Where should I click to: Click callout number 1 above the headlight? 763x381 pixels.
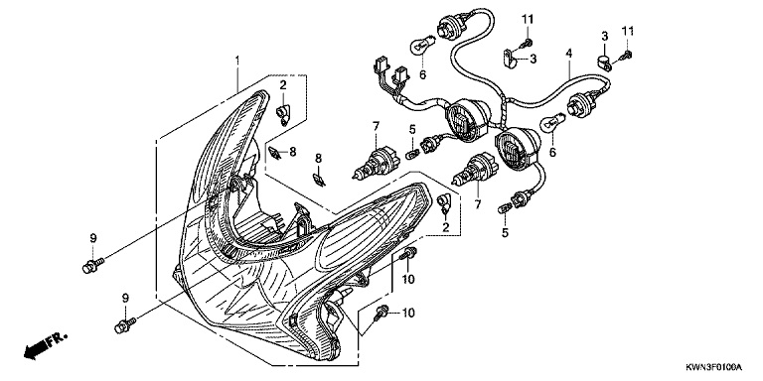237,61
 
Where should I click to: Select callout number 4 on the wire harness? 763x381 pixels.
568,54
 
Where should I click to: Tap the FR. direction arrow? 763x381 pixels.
46,345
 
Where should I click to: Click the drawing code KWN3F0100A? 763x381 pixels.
715,366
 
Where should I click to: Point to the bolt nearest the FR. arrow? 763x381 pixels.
125,325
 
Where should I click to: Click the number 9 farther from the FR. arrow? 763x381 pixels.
93,238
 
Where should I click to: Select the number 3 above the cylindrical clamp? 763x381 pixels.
605,36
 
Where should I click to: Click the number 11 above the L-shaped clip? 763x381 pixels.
528,20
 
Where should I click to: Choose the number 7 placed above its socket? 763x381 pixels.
376,127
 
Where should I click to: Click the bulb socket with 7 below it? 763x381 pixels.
475,169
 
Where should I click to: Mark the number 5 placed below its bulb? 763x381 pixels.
505,233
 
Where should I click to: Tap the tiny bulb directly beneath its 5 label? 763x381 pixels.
411,155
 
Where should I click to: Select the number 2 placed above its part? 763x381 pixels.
283,85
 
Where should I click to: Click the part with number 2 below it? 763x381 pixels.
445,203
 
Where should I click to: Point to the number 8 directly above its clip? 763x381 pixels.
319,158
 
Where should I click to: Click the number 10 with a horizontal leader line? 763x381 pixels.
408,313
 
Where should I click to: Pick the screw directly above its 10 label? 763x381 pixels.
407,253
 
